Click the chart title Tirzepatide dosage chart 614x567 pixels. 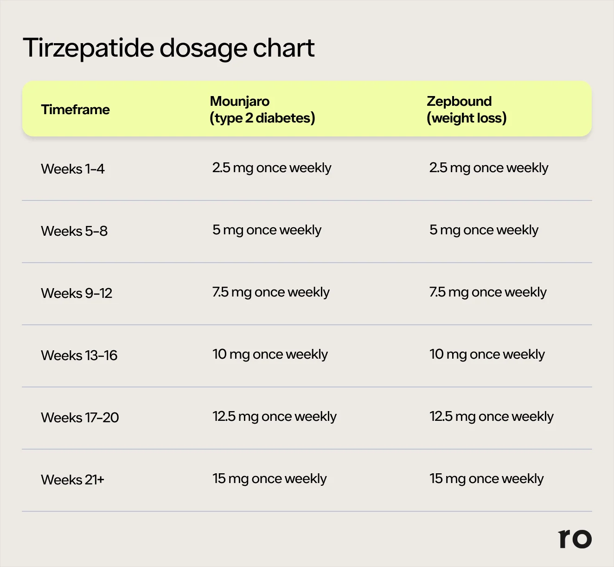click(x=168, y=48)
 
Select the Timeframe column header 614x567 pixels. click(x=75, y=110)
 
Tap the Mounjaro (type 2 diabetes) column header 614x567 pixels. click(x=262, y=110)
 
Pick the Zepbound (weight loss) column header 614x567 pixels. click(x=466, y=110)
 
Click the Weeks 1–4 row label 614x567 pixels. click(x=73, y=169)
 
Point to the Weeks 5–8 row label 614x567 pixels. click(x=74, y=231)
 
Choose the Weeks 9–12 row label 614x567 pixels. click(x=77, y=293)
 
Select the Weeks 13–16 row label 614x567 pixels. click(x=79, y=355)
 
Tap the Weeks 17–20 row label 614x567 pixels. click(x=80, y=418)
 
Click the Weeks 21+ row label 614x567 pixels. click(x=73, y=480)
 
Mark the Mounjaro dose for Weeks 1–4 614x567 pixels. click(x=272, y=168)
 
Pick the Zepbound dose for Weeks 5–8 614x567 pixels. click(x=484, y=230)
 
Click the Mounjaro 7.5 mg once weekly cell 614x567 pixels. click(x=271, y=292)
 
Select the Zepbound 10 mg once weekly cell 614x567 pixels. click(x=487, y=354)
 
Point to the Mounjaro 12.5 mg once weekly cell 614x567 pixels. click(x=275, y=417)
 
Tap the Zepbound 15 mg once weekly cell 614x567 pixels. click(x=486, y=479)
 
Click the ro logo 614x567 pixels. click(x=575, y=539)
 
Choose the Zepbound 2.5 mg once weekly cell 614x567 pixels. click(x=489, y=168)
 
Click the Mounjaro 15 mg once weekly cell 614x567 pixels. click(x=269, y=479)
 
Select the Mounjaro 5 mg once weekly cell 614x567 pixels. click(x=267, y=230)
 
